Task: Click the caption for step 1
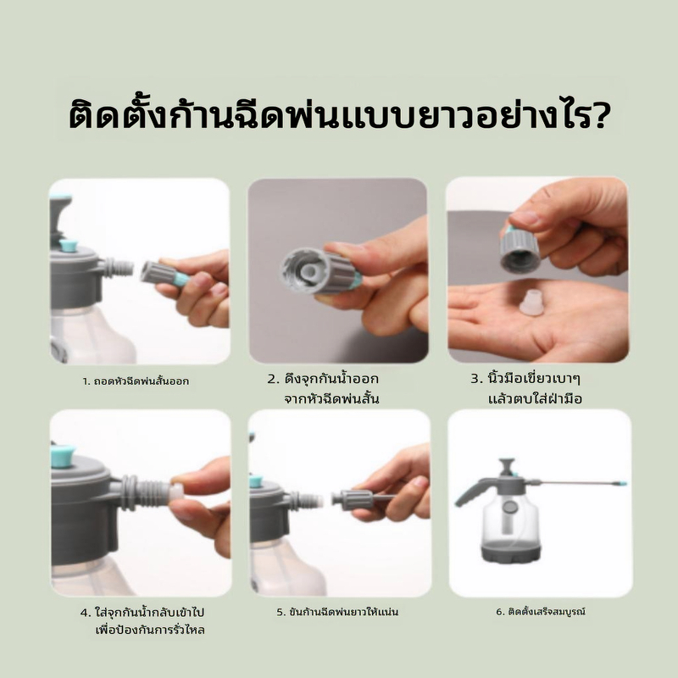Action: click(x=136, y=381)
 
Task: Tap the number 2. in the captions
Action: click(x=274, y=379)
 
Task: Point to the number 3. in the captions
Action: click(x=476, y=379)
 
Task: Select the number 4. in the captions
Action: click(x=86, y=612)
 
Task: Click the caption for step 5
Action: click(x=337, y=612)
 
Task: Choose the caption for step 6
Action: click(x=541, y=611)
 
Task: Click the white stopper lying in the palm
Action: click(x=531, y=303)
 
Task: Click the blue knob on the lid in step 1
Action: click(x=68, y=245)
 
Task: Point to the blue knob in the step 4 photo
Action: click(x=63, y=456)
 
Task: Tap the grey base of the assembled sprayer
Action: click(x=511, y=553)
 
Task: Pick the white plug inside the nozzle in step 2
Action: click(x=308, y=271)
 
